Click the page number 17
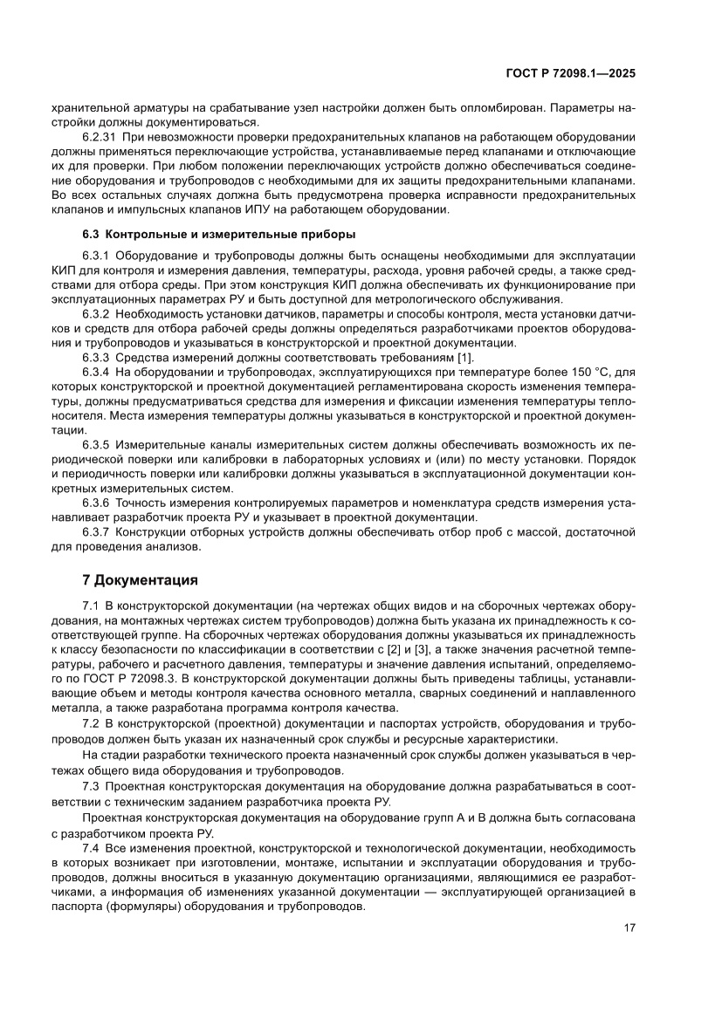pos(629,928)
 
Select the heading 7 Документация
pos(140,579)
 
